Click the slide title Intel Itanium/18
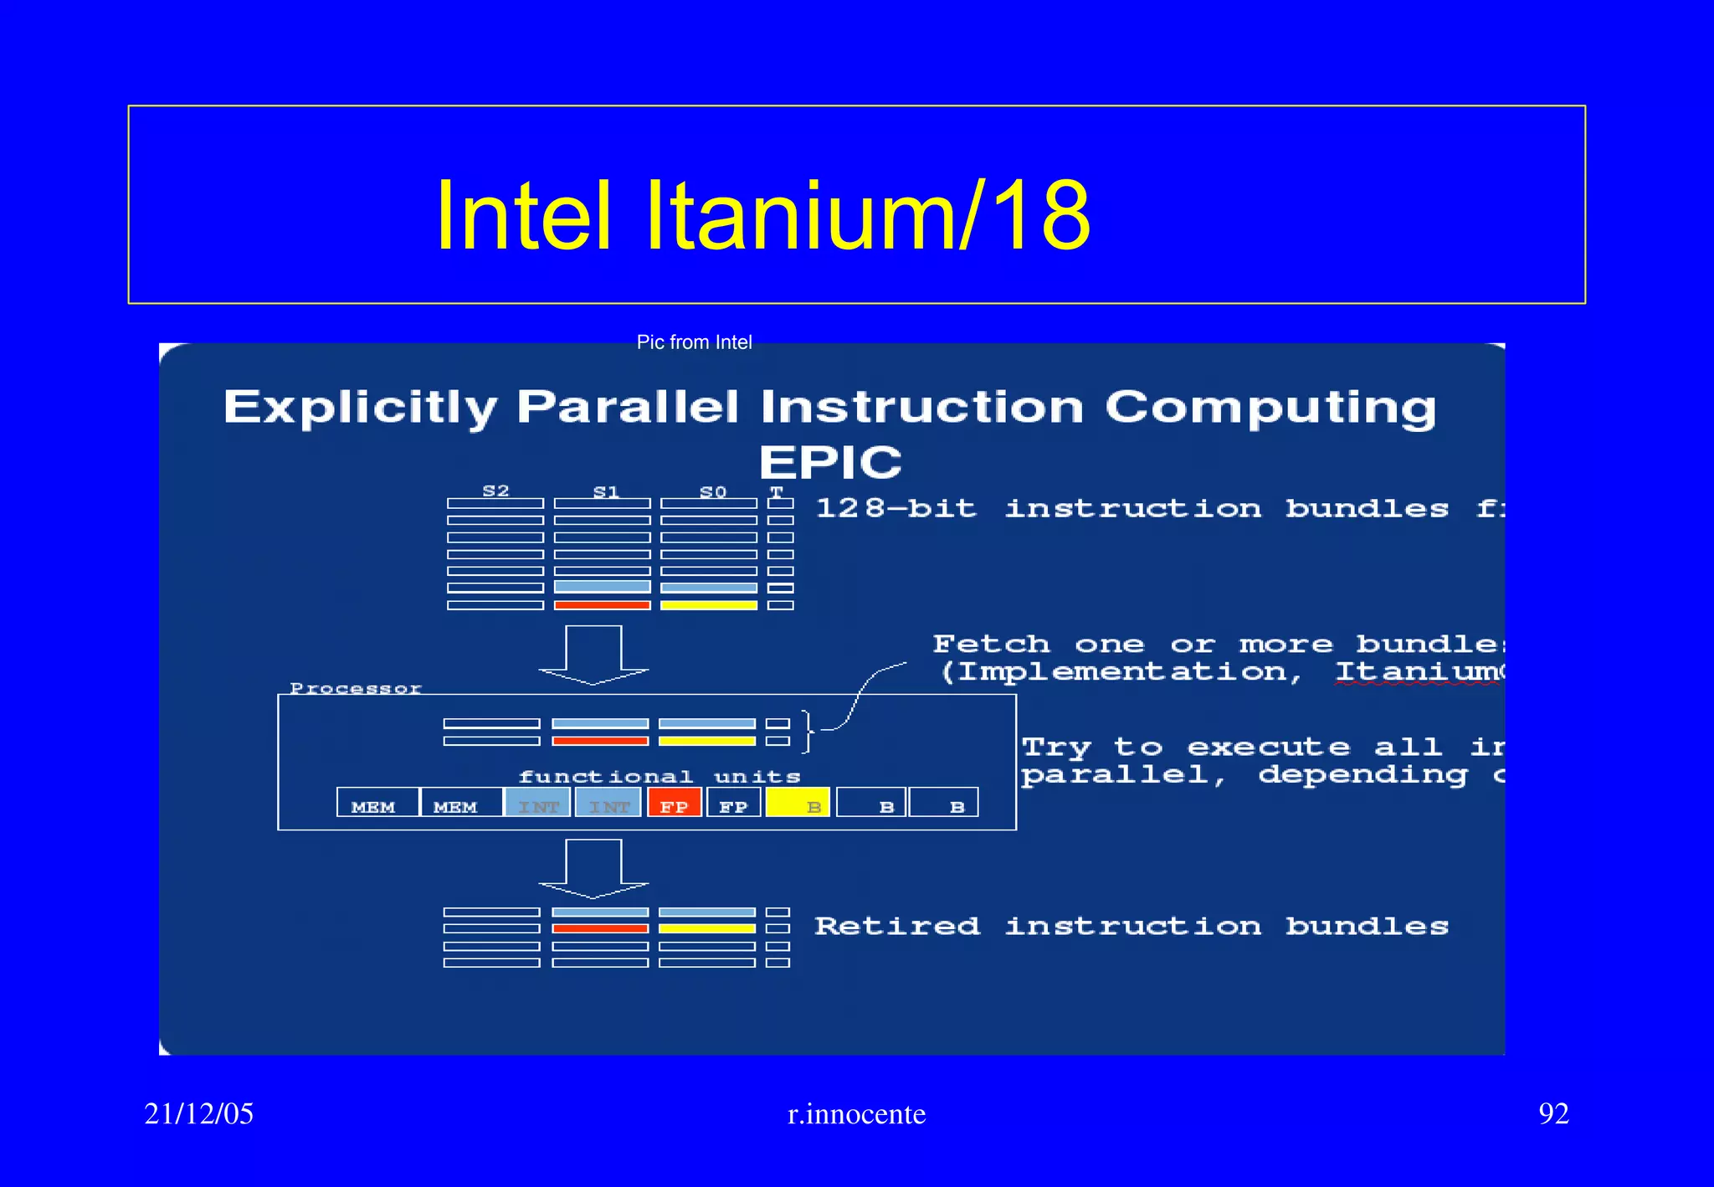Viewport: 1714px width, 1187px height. tap(762, 215)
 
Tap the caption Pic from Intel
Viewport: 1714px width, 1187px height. tap(694, 342)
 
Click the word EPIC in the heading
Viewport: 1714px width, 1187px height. tap(830, 462)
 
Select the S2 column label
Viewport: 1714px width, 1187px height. tap(495, 491)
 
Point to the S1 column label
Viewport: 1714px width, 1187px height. tap(605, 492)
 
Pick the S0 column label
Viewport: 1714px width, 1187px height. tap(712, 492)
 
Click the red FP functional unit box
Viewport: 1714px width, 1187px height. tap(674, 804)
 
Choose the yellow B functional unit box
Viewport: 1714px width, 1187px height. tap(798, 804)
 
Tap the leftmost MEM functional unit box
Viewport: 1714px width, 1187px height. tap(376, 804)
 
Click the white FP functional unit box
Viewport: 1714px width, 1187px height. tap(733, 804)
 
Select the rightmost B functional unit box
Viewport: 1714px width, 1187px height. tap(943, 804)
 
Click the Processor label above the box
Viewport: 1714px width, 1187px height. tap(356, 688)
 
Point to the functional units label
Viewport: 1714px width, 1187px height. tap(659, 777)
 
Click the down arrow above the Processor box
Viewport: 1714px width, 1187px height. tap(593, 655)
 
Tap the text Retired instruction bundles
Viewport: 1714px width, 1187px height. tap(1131, 926)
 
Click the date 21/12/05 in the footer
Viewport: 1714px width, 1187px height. tap(198, 1113)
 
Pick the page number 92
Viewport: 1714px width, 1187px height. tap(1553, 1113)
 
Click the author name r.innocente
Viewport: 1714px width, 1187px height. tap(856, 1114)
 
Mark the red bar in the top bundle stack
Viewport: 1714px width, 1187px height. tap(602, 605)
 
